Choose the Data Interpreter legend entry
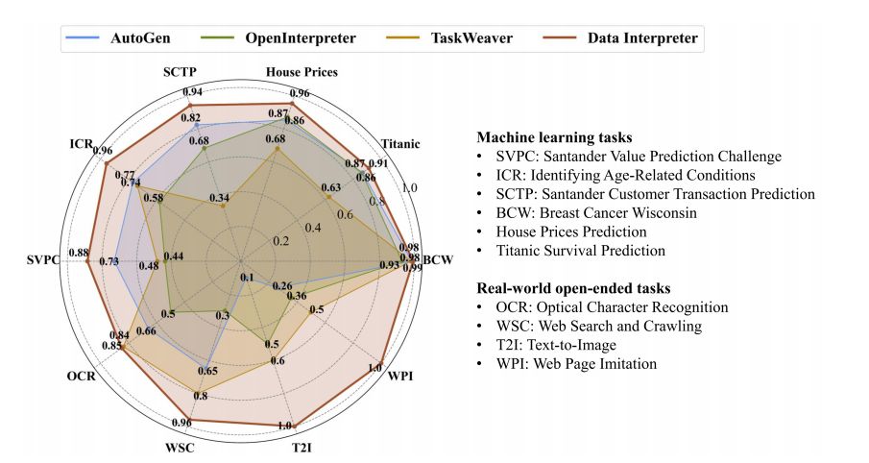[628, 39]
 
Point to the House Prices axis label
[301, 72]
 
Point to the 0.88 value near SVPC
[79, 253]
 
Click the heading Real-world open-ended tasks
[574, 288]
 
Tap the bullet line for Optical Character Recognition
[612, 307]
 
